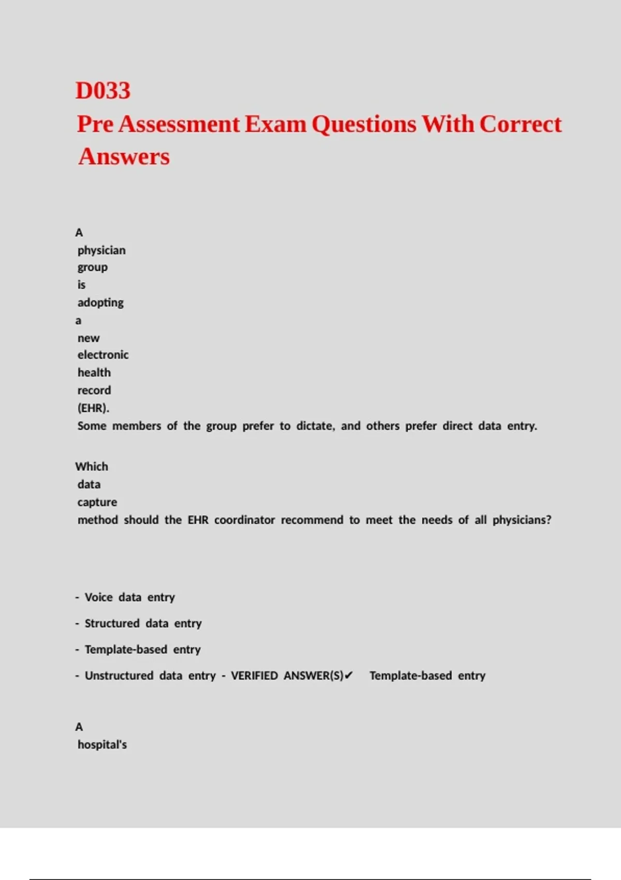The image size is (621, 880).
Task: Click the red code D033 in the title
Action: pyautogui.click(x=103, y=91)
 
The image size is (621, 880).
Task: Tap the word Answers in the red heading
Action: pyautogui.click(x=124, y=156)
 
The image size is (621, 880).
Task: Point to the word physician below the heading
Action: pyautogui.click(x=101, y=250)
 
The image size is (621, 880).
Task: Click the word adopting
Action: pyautogui.click(x=100, y=302)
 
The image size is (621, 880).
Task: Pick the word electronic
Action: pyautogui.click(x=103, y=355)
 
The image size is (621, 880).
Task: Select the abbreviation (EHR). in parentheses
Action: pyautogui.click(x=93, y=408)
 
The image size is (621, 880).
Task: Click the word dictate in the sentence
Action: pyautogui.click(x=315, y=426)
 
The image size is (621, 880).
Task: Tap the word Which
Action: pyautogui.click(x=92, y=466)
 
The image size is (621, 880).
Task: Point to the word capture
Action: pyautogui.click(x=97, y=502)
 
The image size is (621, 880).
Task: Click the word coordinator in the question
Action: pyautogui.click(x=244, y=520)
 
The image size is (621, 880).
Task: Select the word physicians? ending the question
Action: pyautogui.click(x=522, y=520)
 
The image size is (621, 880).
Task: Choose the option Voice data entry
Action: pyautogui.click(x=129, y=597)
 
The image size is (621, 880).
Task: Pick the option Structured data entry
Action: pyautogui.click(x=143, y=623)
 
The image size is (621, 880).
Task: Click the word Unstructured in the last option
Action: pyautogui.click(x=119, y=676)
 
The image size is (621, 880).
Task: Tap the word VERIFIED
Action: pyautogui.click(x=254, y=676)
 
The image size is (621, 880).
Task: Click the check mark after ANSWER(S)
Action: pyautogui.click(x=349, y=676)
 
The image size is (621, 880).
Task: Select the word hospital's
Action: pyautogui.click(x=102, y=744)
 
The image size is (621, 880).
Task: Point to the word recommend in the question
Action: pyautogui.click(x=312, y=520)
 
